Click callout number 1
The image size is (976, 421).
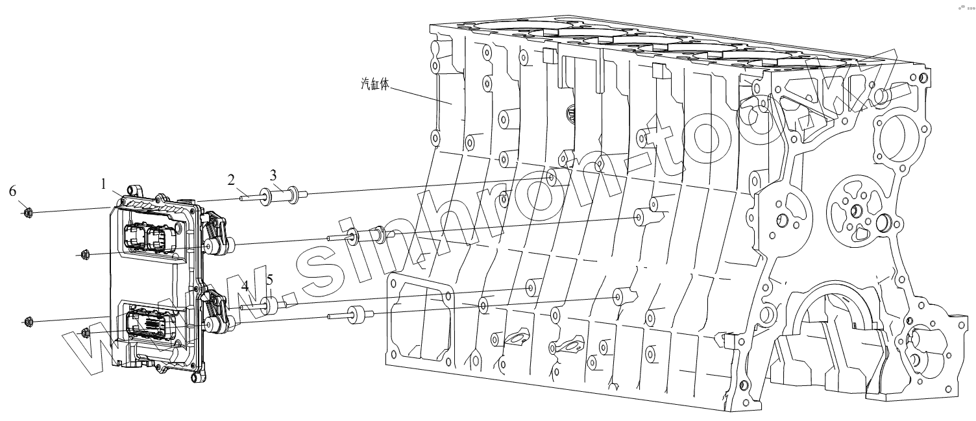pos(103,184)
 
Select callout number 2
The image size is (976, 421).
pos(230,179)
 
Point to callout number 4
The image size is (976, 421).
pos(245,285)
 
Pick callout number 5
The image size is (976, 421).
pos(269,280)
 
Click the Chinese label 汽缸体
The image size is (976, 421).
pos(374,84)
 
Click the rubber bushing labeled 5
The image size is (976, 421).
pos(273,304)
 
